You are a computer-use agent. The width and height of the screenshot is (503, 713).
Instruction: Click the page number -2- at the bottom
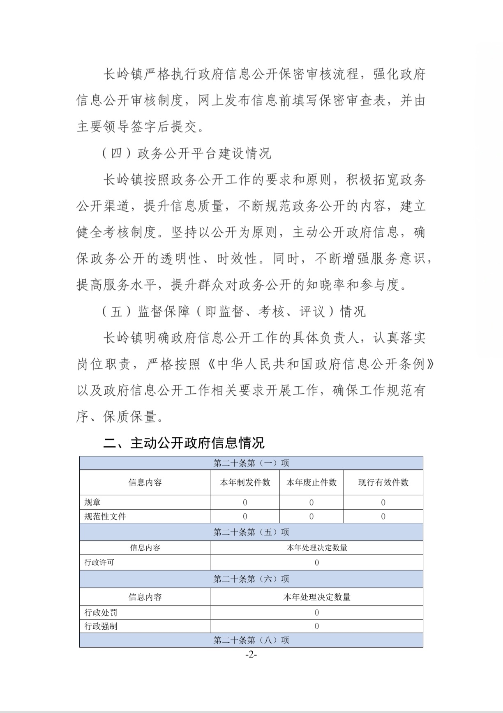pos(251,655)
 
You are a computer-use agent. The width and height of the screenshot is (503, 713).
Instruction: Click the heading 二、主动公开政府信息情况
pos(184,443)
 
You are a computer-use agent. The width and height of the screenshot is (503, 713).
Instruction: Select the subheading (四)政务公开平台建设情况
pos(187,153)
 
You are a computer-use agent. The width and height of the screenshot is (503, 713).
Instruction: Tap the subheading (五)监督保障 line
pos(233,311)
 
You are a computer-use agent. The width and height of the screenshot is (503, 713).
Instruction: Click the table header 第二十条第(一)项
pos(251,463)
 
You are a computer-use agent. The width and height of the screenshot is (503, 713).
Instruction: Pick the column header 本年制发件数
pos(245,482)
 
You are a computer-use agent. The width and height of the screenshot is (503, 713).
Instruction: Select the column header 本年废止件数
pos(311,482)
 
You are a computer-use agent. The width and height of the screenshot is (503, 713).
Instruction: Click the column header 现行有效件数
pos(383,482)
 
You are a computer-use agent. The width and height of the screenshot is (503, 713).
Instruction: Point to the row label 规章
pos(92,502)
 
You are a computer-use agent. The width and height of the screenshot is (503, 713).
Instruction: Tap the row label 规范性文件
pos(105,517)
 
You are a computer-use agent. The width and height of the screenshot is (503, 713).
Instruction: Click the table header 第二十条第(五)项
pos(251,532)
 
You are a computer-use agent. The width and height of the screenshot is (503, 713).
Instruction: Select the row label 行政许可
pos(99,563)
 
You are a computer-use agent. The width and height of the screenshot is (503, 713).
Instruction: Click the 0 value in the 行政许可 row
pos(316,563)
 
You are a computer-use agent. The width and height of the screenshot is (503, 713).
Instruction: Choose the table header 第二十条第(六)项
pos(251,579)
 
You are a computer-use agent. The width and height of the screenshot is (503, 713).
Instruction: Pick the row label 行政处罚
pos(101,613)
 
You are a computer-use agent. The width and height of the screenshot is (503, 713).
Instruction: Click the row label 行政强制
pos(101,626)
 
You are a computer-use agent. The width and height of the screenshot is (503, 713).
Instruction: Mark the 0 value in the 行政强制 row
pos(316,626)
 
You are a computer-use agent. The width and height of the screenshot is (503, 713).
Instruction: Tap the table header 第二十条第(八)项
pos(251,640)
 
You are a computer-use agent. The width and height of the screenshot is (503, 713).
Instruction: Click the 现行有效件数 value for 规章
pos(383,502)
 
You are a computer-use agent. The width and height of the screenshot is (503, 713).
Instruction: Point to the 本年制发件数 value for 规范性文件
pos(245,517)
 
